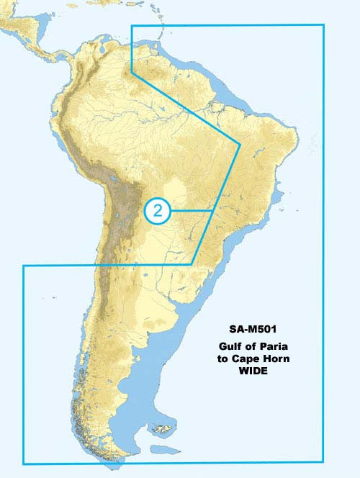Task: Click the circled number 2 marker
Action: [158, 210]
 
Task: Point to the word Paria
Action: [272, 346]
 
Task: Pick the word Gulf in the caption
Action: [232, 346]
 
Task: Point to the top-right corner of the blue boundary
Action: [324, 25]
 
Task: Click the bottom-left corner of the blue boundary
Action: [23, 462]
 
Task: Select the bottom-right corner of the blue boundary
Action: [324, 462]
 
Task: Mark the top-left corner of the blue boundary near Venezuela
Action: [132, 25]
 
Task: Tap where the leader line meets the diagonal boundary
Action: [210, 210]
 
